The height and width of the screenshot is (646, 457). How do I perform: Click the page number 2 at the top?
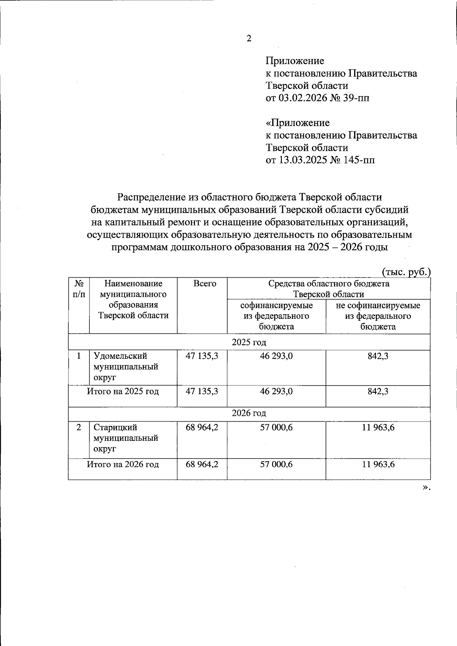point(249,38)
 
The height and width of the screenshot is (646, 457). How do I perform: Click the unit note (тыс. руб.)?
point(406,272)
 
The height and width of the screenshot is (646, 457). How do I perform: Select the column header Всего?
point(205,284)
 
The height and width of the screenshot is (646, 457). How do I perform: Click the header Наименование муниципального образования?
point(133,299)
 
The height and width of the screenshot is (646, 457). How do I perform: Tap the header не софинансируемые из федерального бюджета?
point(378,316)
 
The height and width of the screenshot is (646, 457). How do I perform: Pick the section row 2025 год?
point(249,342)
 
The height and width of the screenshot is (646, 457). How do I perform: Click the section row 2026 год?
point(249,413)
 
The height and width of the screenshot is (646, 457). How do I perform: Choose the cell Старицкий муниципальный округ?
point(126,438)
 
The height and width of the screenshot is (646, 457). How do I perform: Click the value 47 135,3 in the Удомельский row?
point(202,356)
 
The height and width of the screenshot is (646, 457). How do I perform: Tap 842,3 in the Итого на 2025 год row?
point(378,391)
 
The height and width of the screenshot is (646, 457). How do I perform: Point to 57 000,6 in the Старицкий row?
point(276,427)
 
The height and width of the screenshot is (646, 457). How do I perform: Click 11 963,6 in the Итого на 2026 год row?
point(378,464)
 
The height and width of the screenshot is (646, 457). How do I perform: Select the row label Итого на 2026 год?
point(123,464)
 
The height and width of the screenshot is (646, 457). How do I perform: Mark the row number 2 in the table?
point(78,427)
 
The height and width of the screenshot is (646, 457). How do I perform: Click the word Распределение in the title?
point(151,197)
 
